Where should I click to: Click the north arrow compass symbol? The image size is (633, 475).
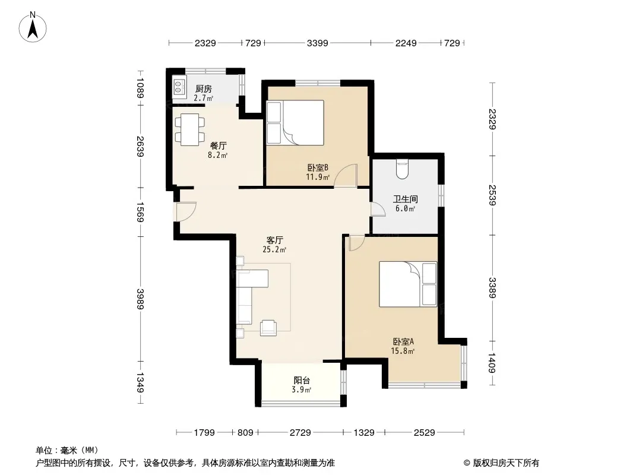click(33, 27)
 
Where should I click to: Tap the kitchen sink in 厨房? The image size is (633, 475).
click(179, 87)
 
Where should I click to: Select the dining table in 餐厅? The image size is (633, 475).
click(189, 129)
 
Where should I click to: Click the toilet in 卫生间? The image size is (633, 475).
click(402, 169)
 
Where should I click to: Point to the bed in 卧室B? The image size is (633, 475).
click(295, 123)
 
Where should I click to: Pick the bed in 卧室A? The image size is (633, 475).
click(408, 284)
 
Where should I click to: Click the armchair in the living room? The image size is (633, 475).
click(268, 328)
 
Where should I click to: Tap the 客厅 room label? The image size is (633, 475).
click(274, 240)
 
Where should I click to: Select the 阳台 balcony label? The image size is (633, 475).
click(302, 380)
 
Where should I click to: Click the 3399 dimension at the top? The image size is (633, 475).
click(317, 43)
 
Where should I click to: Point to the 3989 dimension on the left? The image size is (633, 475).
click(140, 299)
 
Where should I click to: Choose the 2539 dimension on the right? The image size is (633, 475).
click(492, 195)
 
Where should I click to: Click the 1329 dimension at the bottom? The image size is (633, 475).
click(364, 433)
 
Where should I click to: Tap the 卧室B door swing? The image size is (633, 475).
click(346, 176)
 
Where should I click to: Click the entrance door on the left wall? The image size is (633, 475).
click(185, 211)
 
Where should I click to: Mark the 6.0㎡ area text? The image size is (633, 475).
click(405, 208)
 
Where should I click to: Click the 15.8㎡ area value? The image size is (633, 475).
click(403, 351)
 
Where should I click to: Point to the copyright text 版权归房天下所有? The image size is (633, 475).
click(505, 463)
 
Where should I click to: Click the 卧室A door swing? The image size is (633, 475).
click(357, 243)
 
